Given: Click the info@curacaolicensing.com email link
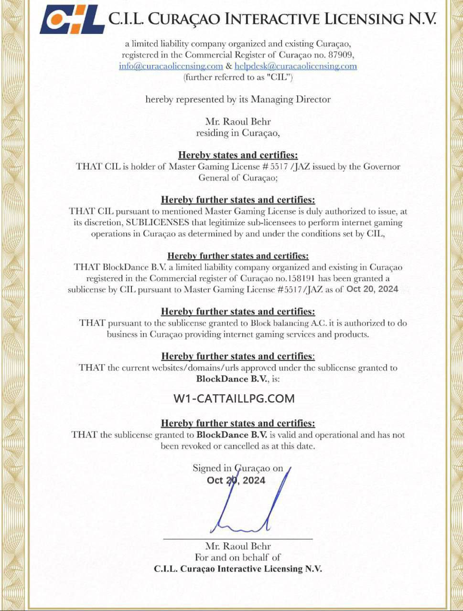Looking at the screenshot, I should [171, 66].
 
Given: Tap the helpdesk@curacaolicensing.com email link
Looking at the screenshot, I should [296, 66].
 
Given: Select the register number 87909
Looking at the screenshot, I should [342, 55].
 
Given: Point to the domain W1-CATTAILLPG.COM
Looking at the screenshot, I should [234, 398].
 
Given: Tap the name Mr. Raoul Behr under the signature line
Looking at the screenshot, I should [238, 546].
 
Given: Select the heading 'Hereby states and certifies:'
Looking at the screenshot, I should [238, 155].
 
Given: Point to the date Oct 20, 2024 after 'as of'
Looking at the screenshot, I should [372, 289].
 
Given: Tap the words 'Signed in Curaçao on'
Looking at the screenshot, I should [238, 468].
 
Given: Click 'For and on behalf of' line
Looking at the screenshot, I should [238, 557].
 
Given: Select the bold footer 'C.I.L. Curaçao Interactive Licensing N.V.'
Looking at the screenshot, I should [238, 569].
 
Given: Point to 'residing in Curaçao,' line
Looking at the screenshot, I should [238, 133].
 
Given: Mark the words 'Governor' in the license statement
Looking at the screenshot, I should [382, 167].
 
